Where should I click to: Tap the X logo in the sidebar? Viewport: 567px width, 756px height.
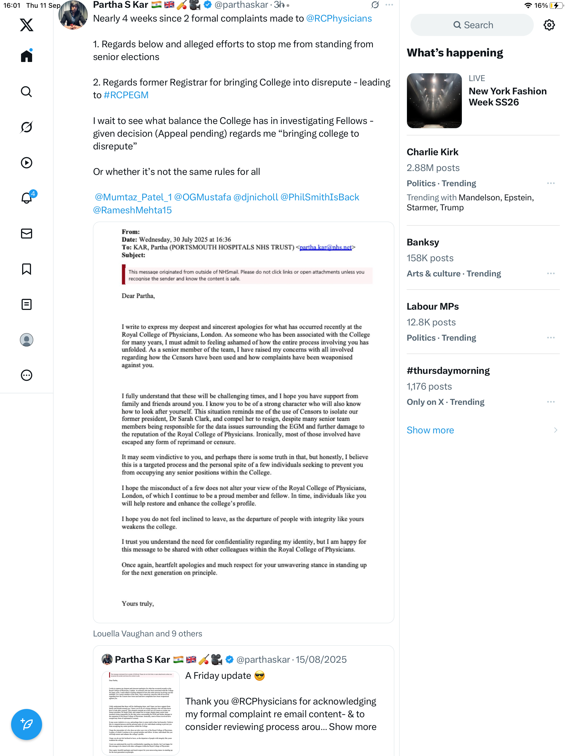(26, 25)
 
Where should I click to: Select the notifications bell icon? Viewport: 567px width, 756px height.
(27, 198)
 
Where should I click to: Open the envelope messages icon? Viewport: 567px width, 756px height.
(26, 234)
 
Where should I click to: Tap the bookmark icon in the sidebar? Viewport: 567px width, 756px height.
(26, 269)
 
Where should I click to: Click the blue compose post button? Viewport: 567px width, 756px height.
(26, 724)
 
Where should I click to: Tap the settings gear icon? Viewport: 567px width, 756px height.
(549, 25)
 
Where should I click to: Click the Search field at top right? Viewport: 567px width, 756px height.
(472, 25)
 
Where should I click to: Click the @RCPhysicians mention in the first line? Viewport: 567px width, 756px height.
(339, 19)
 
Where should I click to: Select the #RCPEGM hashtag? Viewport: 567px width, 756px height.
(126, 95)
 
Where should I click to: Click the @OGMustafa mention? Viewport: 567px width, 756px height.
(202, 197)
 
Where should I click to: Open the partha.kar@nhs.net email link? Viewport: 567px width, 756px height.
(326, 247)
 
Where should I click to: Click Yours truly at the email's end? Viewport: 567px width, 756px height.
(138, 604)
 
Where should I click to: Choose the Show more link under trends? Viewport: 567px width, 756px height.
(430, 430)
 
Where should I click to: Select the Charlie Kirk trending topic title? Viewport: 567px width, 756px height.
(432, 152)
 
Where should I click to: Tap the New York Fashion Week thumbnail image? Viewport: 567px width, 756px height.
(434, 101)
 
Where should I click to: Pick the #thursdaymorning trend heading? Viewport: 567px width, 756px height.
(448, 371)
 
